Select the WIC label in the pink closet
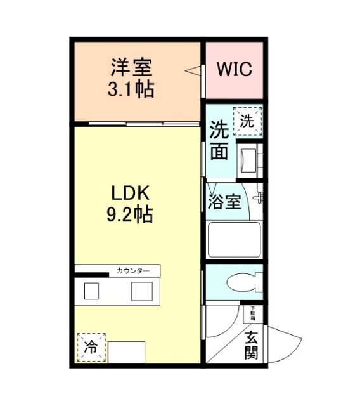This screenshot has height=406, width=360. (x=235, y=69)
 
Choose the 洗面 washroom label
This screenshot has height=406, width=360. (x=219, y=140)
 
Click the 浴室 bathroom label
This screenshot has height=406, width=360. (x=224, y=202)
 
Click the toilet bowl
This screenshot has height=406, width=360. (x=241, y=280)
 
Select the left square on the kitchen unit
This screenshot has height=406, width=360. (x=92, y=291)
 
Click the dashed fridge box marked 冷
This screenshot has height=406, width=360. (x=91, y=347)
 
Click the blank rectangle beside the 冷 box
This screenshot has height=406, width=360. (x=126, y=351)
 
